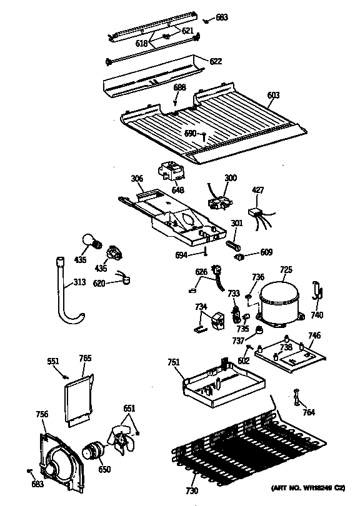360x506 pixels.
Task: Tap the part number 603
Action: (x=273, y=95)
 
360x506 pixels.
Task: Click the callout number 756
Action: (x=42, y=414)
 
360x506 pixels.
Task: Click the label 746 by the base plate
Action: (x=314, y=335)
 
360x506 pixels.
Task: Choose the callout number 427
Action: (x=258, y=191)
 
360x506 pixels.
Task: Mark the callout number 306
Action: (x=137, y=179)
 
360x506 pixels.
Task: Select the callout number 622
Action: (x=215, y=61)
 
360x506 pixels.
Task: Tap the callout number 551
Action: (x=54, y=361)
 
